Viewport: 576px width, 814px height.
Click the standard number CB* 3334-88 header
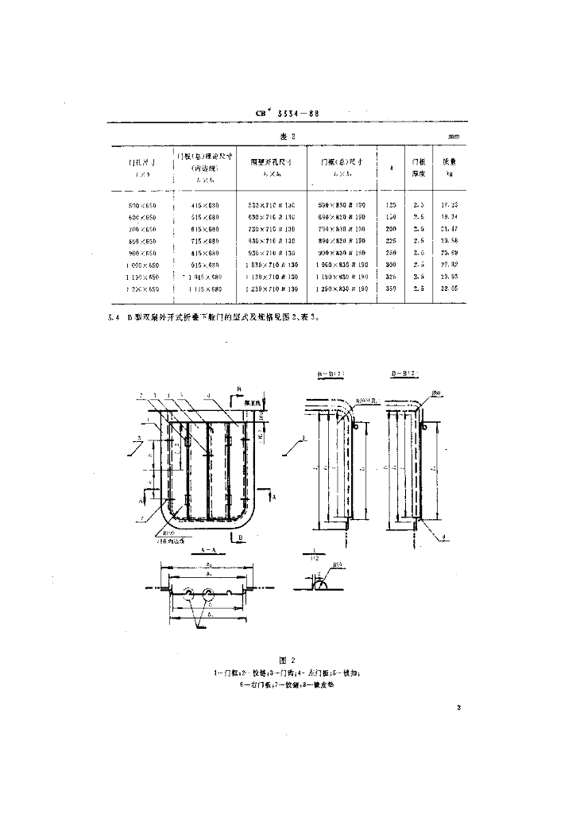[288, 113]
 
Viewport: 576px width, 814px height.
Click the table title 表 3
[288, 136]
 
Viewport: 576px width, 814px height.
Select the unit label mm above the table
[454, 137]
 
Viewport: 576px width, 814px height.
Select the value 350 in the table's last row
[389, 288]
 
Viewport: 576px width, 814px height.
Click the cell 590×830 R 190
[342, 205]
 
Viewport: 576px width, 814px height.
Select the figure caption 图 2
[288, 660]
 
